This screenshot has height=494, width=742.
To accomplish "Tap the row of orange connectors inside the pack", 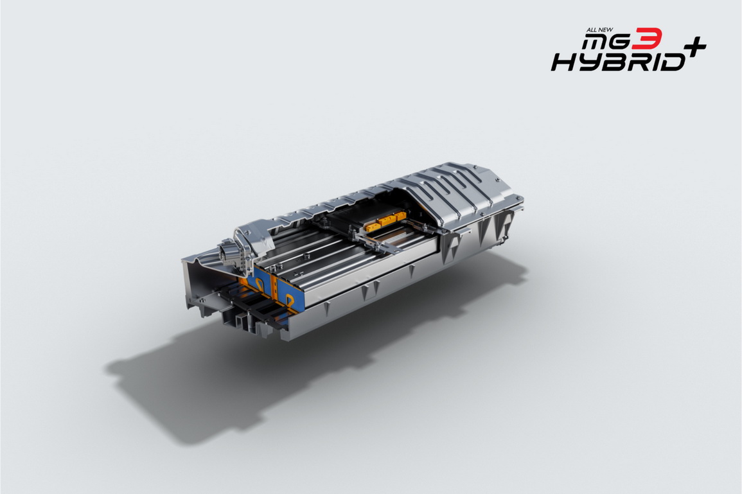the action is pyautogui.click(x=385, y=221).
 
